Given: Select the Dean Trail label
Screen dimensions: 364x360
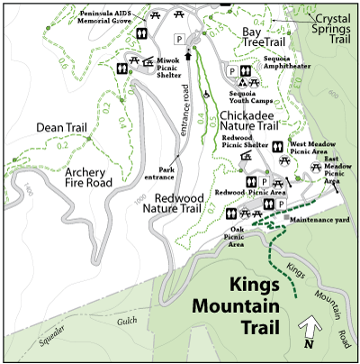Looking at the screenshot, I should (x=60, y=129).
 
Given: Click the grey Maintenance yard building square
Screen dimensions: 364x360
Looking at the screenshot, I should (x=287, y=218).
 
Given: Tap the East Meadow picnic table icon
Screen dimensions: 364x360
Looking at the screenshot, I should (x=316, y=167).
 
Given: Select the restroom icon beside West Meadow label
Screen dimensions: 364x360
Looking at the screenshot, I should (x=279, y=145).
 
